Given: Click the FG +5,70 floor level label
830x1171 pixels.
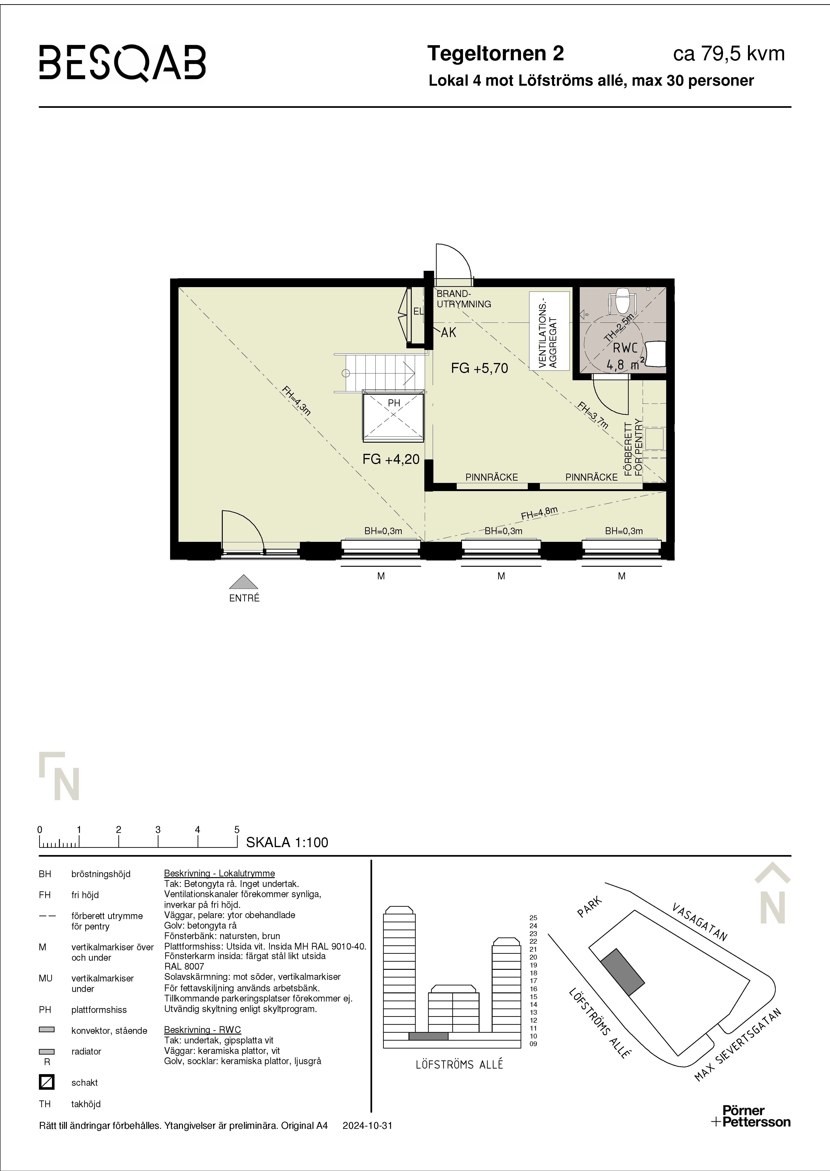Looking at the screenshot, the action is click(479, 368).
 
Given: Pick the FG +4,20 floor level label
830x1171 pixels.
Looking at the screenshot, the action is click(391, 459).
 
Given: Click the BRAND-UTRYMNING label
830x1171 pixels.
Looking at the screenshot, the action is click(463, 299).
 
